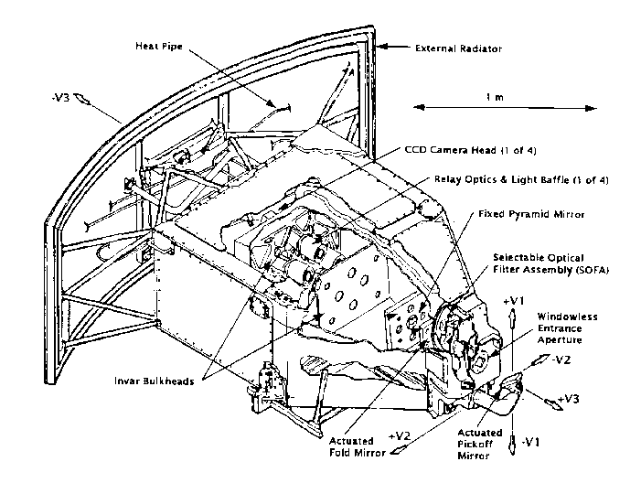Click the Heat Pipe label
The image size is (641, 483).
coord(159,46)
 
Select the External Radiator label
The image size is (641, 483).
coord(458,48)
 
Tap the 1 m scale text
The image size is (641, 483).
coord(495,97)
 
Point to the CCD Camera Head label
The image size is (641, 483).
coord(470,150)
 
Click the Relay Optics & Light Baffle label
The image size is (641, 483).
coord(521,179)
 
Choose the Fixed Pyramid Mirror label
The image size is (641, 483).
coord(531,214)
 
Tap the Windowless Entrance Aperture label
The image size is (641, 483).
coord(567,328)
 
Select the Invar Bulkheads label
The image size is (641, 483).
coord(155,381)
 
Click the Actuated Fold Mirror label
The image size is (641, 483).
coord(358,447)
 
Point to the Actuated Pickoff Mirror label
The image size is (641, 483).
coord(479,445)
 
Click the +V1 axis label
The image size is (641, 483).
coord(514,301)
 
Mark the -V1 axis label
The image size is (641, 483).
coord(530,442)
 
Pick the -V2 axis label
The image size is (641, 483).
coord(561,360)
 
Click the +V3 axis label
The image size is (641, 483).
coord(568,398)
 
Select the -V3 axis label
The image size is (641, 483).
coord(61,98)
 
